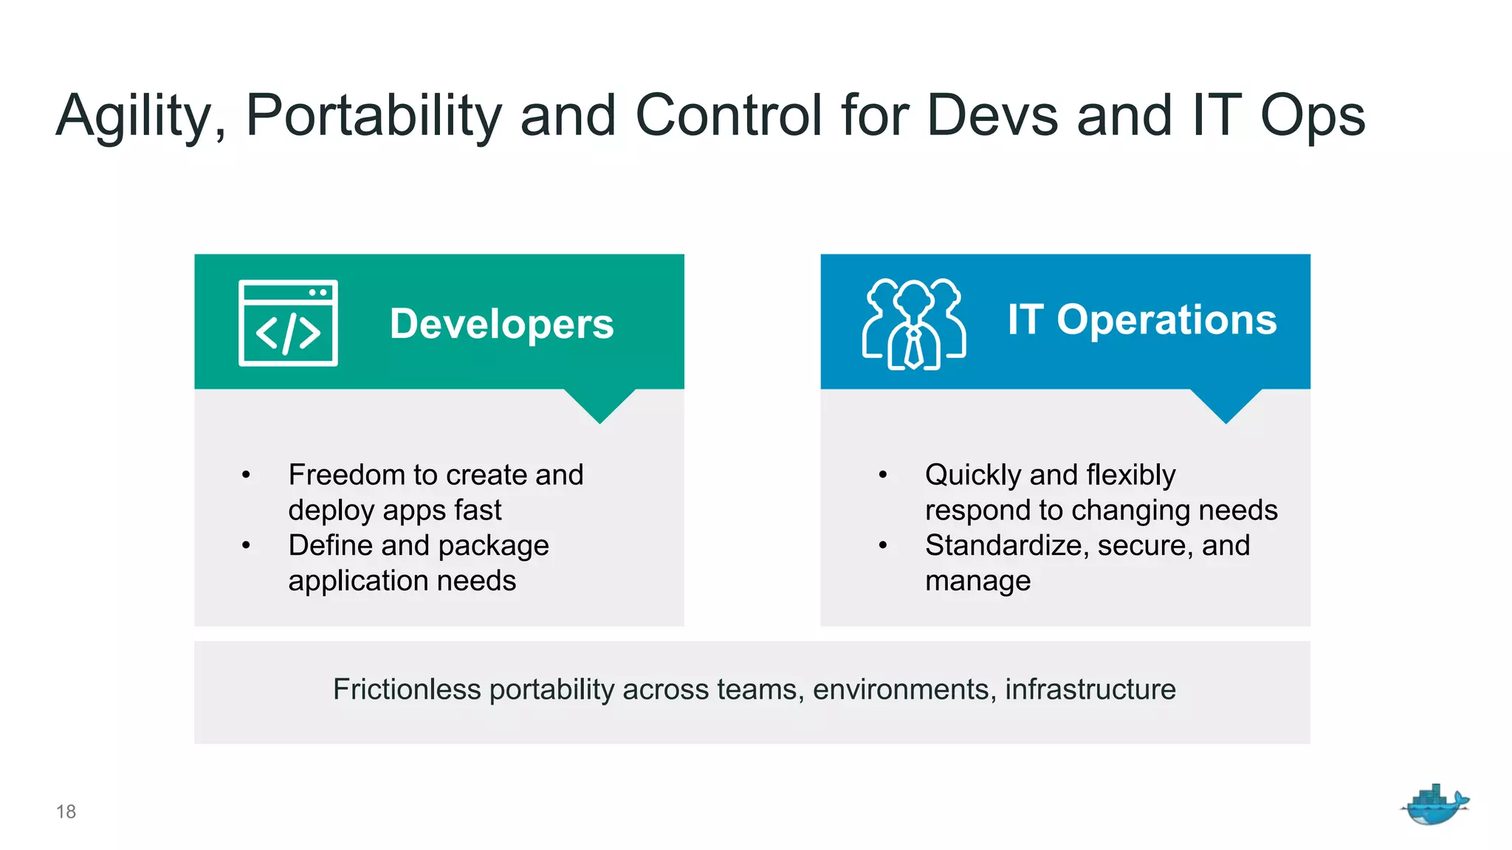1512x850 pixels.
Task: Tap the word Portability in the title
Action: (x=373, y=117)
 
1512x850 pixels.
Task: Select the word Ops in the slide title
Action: (x=1312, y=117)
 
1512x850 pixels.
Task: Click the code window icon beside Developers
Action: (x=288, y=322)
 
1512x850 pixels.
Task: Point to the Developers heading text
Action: (x=501, y=324)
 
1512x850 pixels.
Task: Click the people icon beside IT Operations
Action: (x=914, y=324)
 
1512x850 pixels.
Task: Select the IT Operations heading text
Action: (x=1141, y=319)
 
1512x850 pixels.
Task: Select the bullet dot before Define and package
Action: (x=246, y=546)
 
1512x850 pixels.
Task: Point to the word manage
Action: (x=977, y=581)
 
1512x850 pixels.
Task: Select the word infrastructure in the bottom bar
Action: (x=1090, y=689)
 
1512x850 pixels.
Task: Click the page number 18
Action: (x=66, y=812)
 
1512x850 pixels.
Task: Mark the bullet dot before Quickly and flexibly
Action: (x=882, y=475)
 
